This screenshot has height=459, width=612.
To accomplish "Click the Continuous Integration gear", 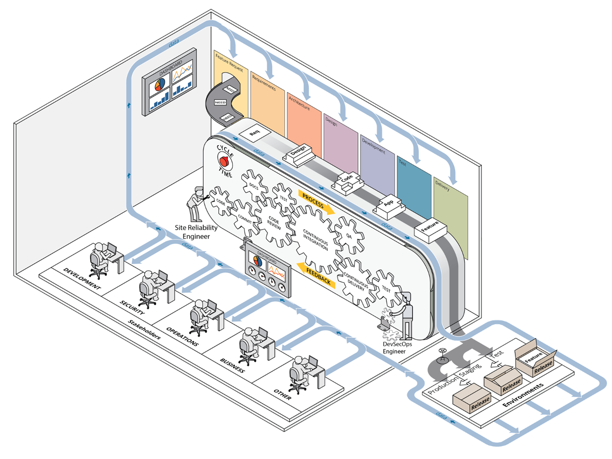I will [x=315, y=238].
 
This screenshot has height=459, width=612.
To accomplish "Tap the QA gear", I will [x=349, y=235].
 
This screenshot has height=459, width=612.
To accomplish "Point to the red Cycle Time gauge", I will [x=223, y=162].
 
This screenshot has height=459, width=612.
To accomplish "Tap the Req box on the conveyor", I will [x=255, y=133].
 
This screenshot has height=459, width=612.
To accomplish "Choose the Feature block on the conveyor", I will [x=430, y=227].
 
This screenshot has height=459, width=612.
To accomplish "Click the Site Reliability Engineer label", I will [x=196, y=232].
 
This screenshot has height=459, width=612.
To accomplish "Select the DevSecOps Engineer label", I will [x=397, y=348].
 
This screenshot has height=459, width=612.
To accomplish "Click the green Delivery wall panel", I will [x=450, y=214].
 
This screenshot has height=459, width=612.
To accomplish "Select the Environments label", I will [x=523, y=394].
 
